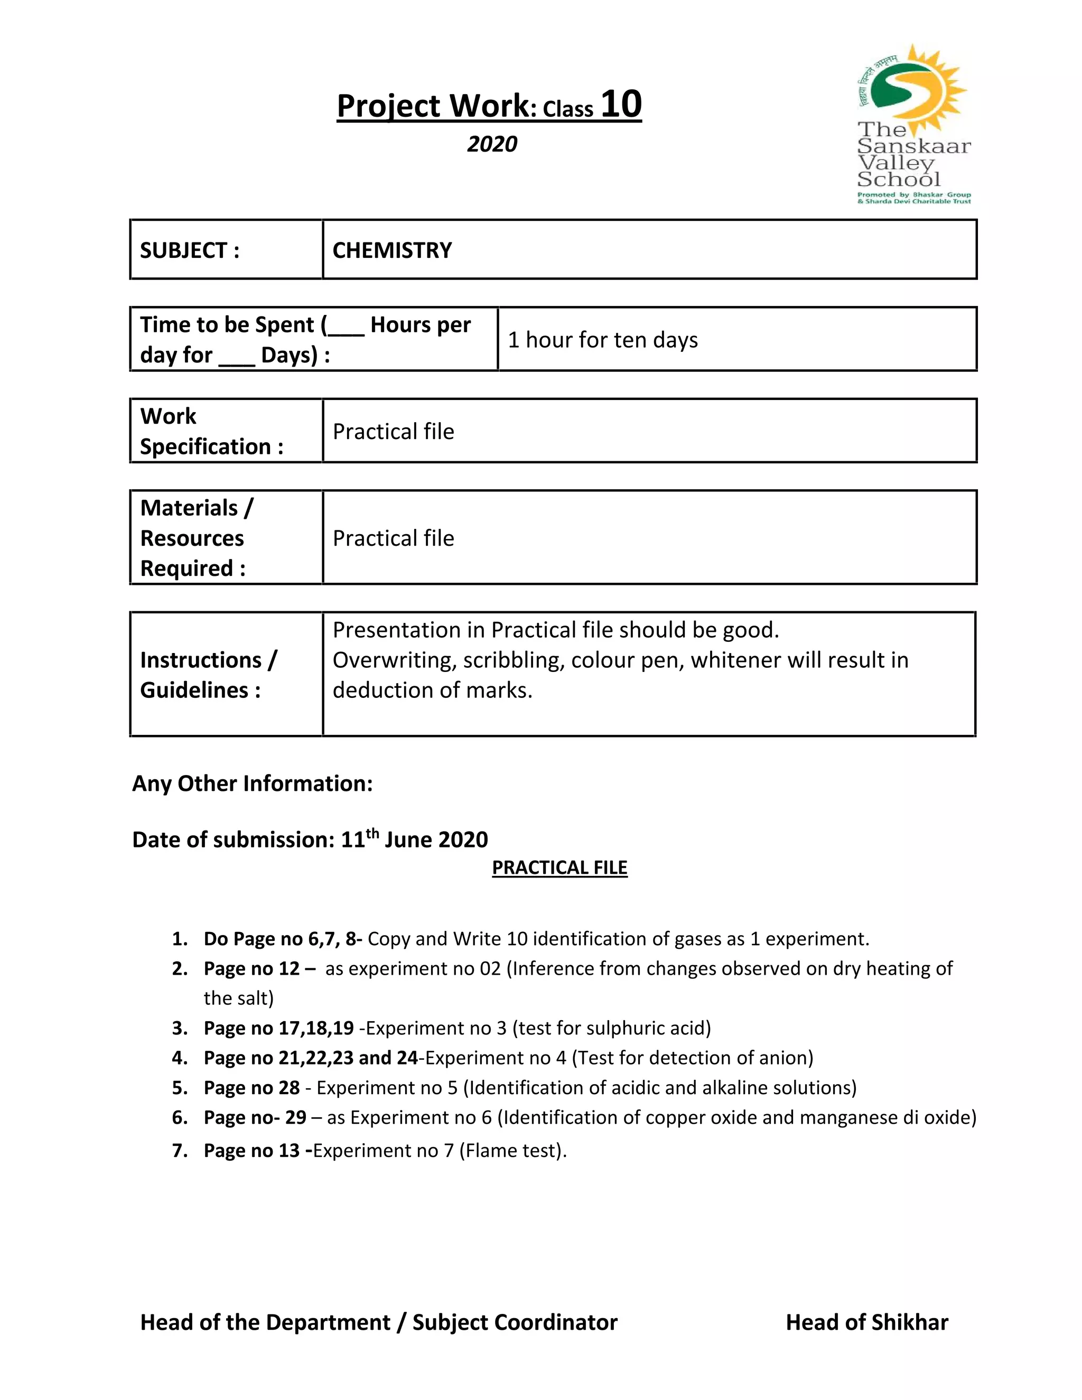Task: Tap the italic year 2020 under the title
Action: tap(492, 144)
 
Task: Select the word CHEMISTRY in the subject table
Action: tap(391, 250)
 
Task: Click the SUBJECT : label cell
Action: tap(190, 250)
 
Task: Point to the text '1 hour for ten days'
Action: tap(602, 340)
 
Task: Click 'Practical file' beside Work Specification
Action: tap(393, 432)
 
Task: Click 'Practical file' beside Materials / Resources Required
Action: tap(393, 538)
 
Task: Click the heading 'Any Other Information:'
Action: tap(252, 783)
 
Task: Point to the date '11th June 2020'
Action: tap(414, 839)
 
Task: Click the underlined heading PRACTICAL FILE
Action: tap(559, 867)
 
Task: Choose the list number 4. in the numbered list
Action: tap(180, 1058)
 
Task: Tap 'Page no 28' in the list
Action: tap(251, 1088)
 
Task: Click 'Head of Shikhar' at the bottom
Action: tap(866, 1322)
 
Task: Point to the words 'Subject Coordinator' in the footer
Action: tap(515, 1322)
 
